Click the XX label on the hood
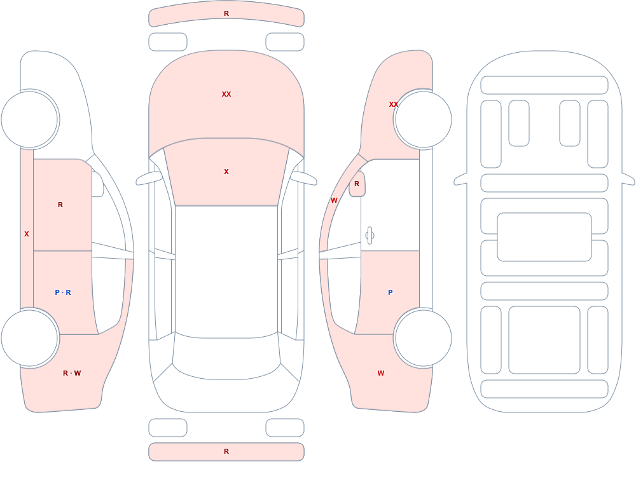point(226,94)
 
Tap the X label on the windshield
point(226,172)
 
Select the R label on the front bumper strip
point(226,14)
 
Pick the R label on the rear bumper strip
point(226,451)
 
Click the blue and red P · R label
point(63,292)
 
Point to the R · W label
point(72,373)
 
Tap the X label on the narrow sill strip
point(27,234)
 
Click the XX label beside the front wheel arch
point(394,104)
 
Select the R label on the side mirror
point(357,184)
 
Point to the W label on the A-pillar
point(334,200)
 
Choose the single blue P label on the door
point(391,292)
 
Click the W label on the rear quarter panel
point(381,373)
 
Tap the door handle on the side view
point(370,236)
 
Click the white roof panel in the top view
point(226,271)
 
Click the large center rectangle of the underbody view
point(544,237)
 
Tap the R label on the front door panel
point(60,205)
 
